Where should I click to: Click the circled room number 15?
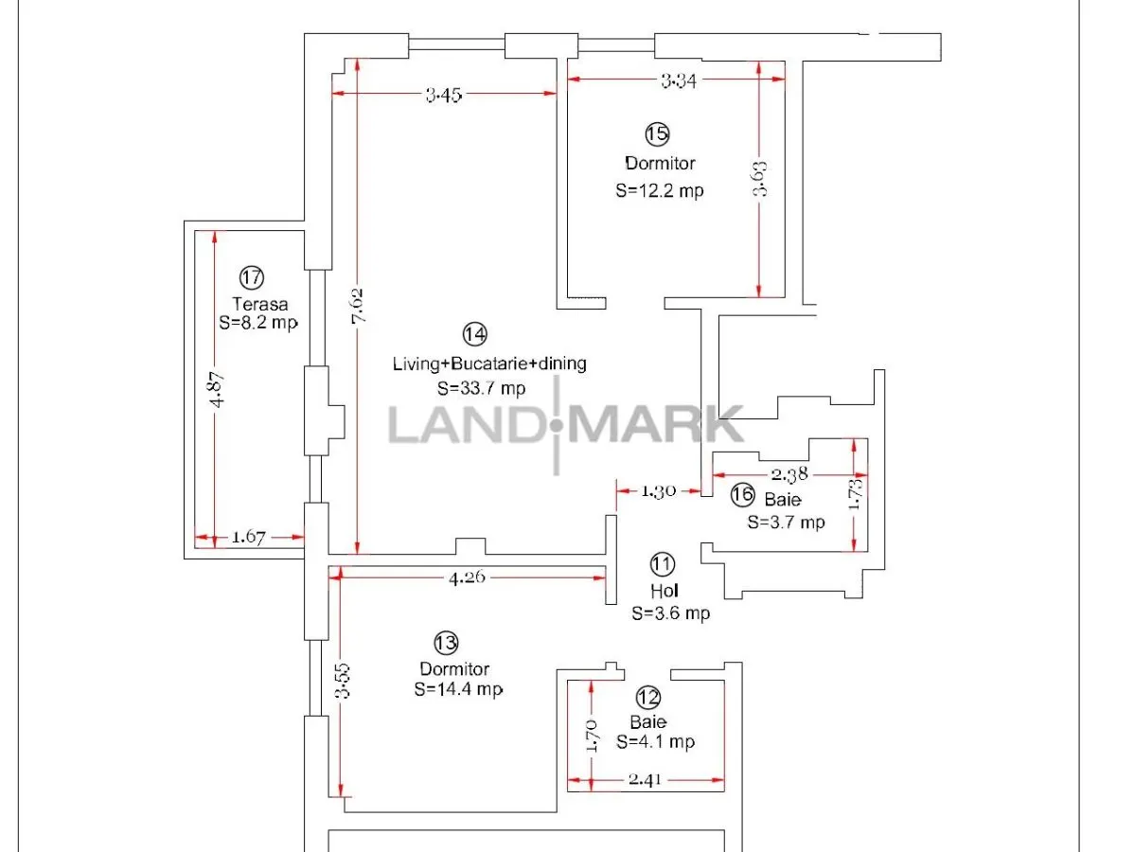(657, 133)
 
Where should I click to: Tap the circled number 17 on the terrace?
(251, 277)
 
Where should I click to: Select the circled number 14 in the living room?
(474, 334)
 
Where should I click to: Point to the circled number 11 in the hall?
(663, 564)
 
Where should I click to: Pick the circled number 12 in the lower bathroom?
(648, 698)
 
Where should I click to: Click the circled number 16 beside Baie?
(742, 495)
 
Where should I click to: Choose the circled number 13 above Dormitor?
(446, 642)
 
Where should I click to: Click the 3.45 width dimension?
(443, 95)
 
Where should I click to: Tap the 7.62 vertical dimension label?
(358, 306)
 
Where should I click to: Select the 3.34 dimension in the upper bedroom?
(679, 80)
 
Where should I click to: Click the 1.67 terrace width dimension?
(248, 537)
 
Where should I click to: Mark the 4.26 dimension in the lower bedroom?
(467, 577)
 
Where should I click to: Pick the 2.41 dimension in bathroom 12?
(645, 779)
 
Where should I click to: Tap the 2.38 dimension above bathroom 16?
(789, 474)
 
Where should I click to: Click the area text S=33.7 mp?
(481, 388)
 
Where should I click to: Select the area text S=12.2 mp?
(659, 190)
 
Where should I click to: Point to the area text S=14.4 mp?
(458, 689)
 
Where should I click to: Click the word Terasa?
(259, 304)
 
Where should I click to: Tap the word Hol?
(664, 591)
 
